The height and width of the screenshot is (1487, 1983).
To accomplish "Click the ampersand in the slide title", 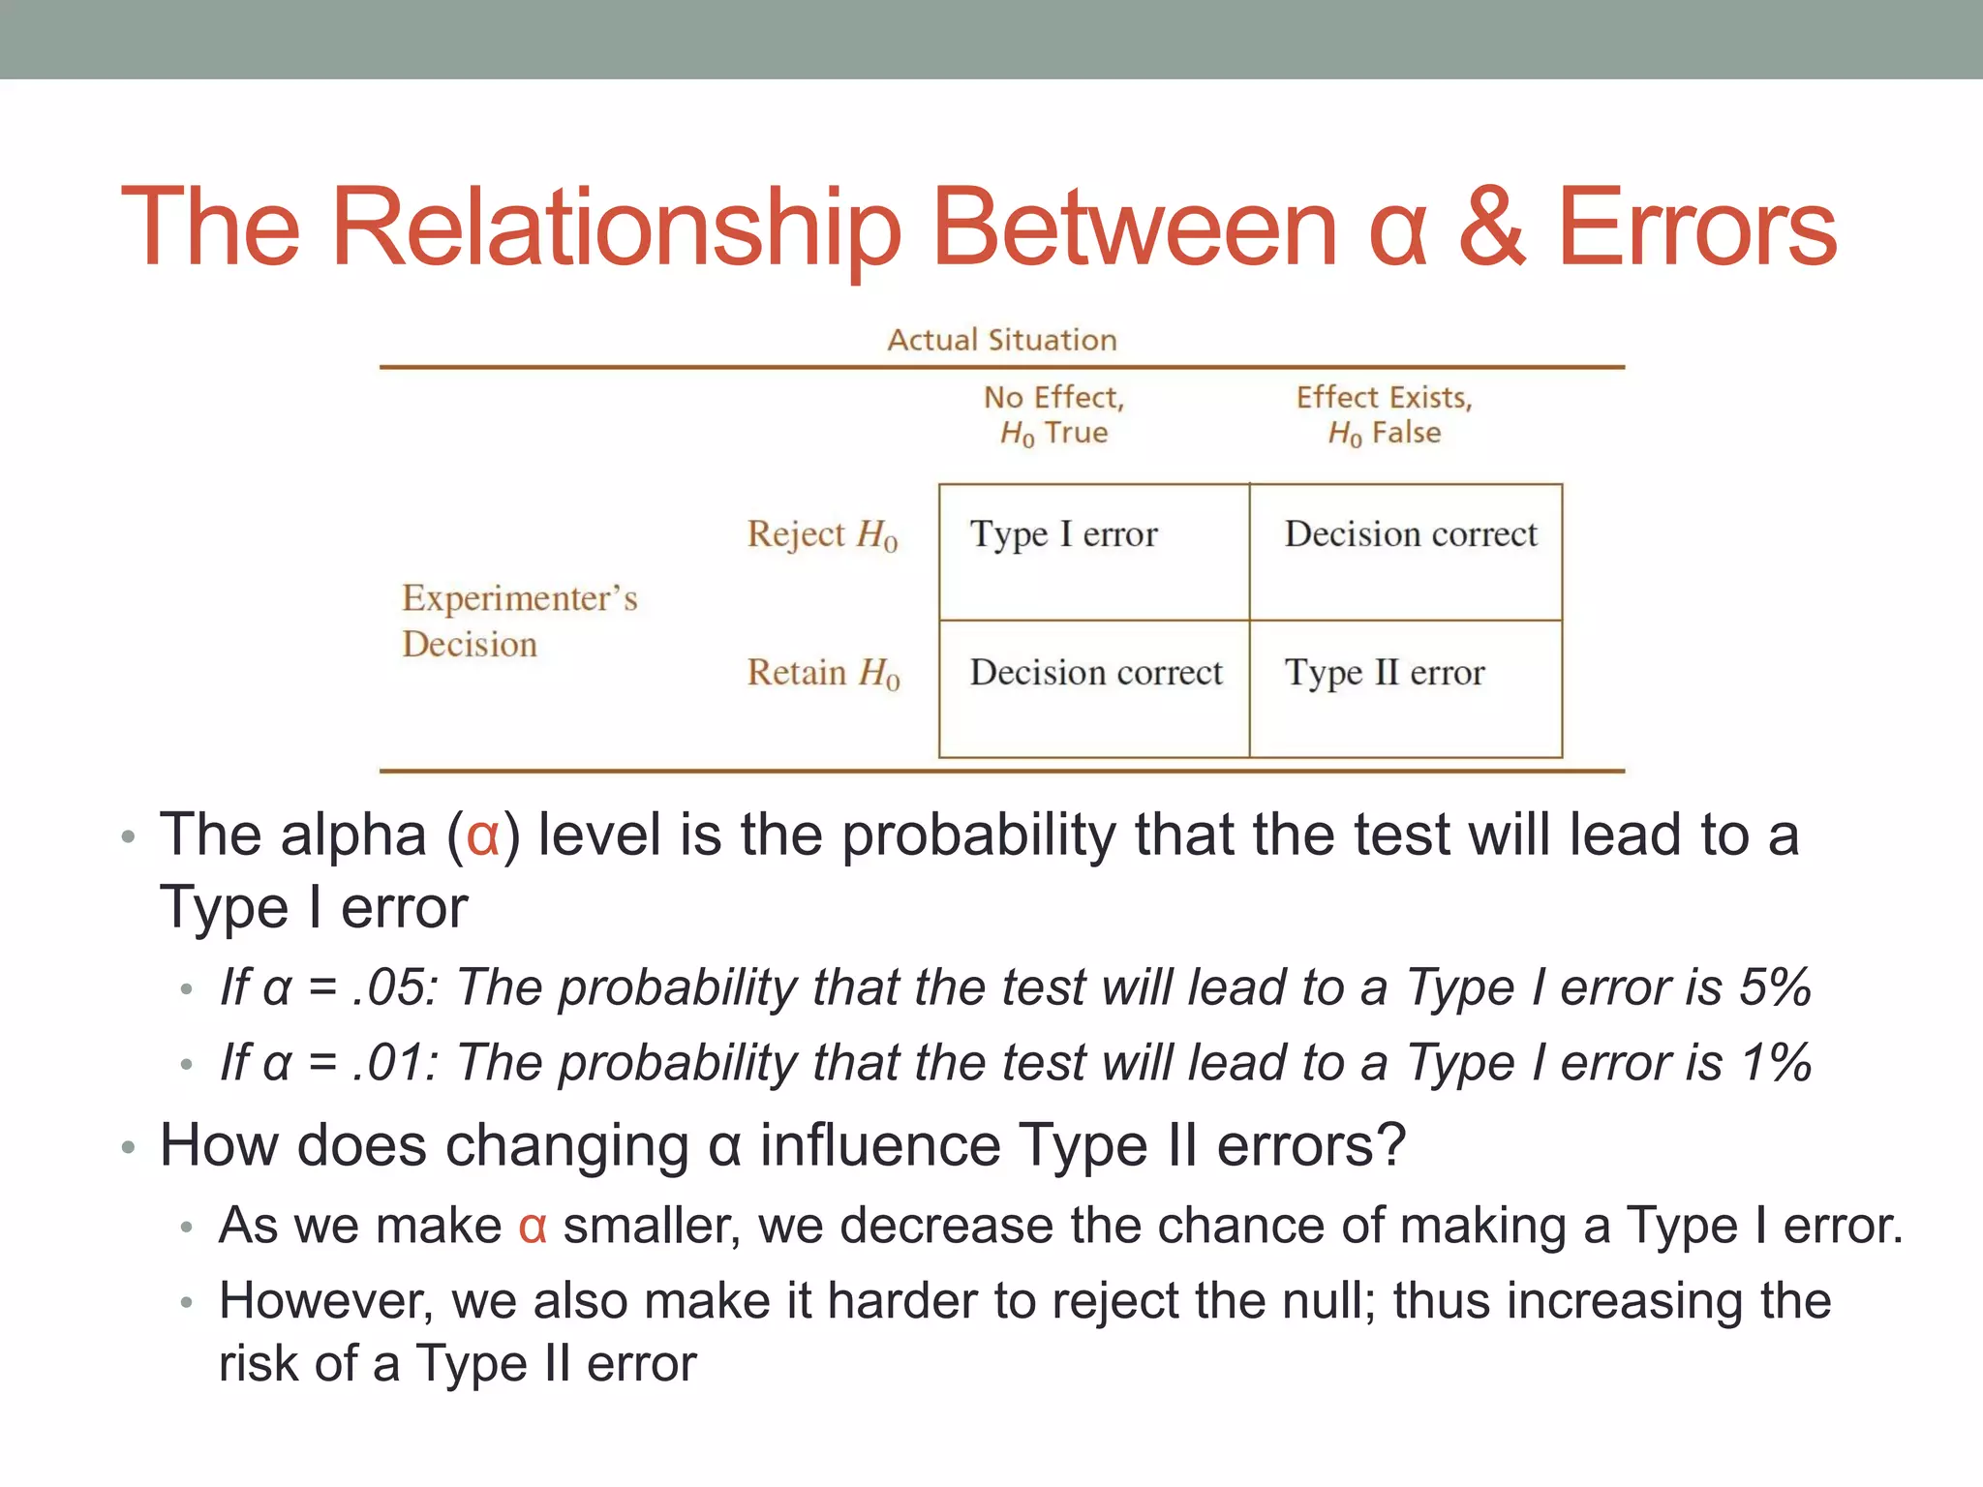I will pos(1491,228).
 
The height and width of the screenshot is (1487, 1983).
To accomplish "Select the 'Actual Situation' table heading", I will pos(1002,340).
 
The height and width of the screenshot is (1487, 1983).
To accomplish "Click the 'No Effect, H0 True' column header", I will pos(1054,415).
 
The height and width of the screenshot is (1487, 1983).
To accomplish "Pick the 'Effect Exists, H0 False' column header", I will pos(1385,415).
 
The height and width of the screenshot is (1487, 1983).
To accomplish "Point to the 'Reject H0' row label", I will pos(822,534).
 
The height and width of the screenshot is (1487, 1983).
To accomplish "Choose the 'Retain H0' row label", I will pos(823,673).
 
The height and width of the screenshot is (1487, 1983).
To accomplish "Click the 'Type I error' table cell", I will pos(1063,534).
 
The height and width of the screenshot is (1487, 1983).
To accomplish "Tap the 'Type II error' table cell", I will pos(1385,673).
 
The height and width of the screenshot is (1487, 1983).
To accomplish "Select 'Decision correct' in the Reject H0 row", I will pos(1411,534).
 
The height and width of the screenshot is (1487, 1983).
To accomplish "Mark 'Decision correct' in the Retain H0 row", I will pos(1096,673).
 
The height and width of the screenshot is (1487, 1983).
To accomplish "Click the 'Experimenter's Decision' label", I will pos(520,621).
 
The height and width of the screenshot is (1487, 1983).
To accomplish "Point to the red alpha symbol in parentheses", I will pos(482,835).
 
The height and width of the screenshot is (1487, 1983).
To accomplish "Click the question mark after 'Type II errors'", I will pos(1389,1145).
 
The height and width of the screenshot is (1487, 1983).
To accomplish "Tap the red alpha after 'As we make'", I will pos(533,1227).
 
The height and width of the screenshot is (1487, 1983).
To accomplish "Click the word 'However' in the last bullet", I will pos(325,1301).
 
